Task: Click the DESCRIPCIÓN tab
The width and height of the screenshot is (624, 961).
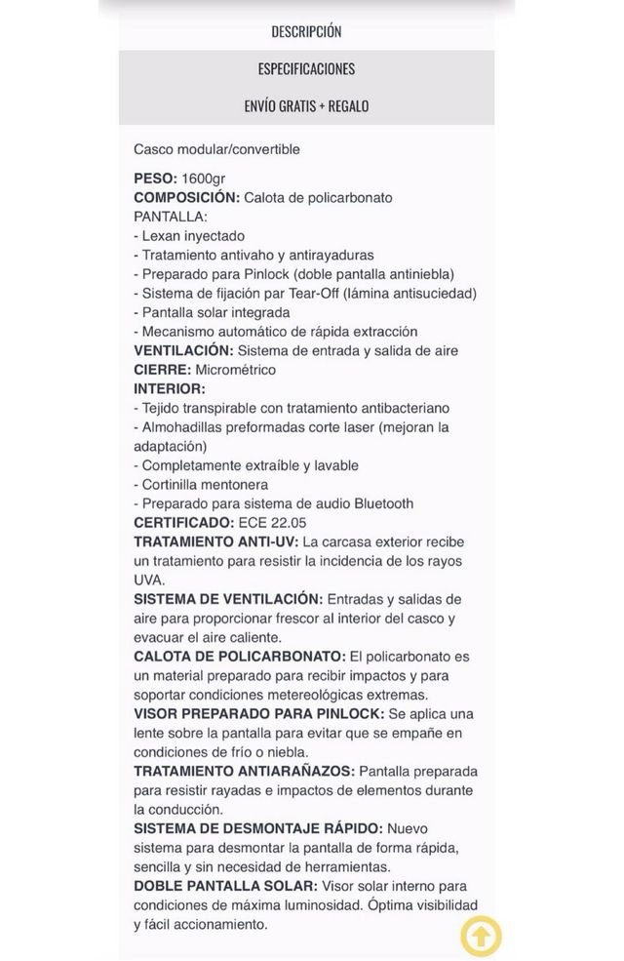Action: pos(306,31)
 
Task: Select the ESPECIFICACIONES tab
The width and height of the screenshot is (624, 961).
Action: pos(306,68)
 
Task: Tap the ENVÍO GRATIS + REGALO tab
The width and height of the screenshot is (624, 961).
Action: pos(306,105)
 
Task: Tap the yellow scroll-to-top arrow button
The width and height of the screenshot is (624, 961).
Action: pos(481,937)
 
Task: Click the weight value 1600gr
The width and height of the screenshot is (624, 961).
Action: pos(204,179)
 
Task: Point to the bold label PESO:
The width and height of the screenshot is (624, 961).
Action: pos(155,179)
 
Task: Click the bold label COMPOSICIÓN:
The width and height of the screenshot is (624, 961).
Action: pos(186,197)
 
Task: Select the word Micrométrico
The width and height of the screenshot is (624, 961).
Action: pos(236,370)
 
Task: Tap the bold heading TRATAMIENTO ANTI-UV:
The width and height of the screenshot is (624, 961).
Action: pos(216,541)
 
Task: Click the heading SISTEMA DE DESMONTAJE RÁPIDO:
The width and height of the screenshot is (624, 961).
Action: pos(258,828)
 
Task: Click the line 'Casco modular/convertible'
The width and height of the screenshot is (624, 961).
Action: pos(216,149)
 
